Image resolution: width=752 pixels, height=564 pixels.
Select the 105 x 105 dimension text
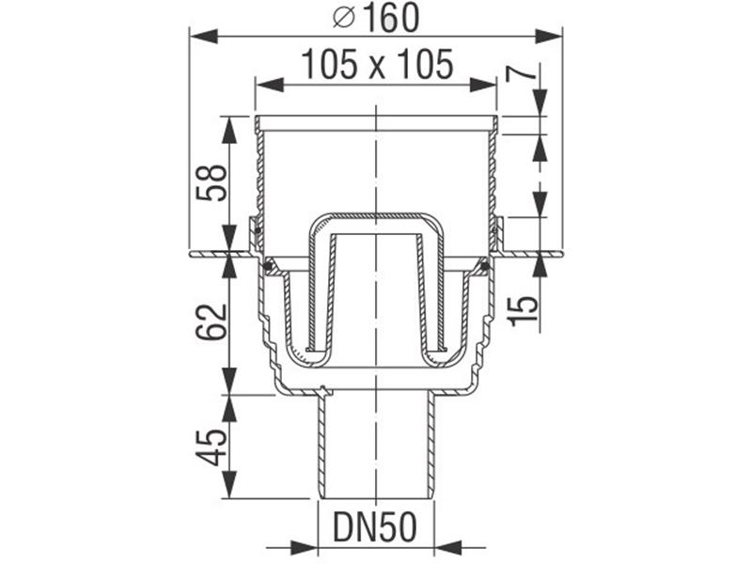coord(377,65)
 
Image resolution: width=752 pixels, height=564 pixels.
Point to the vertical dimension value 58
coord(211,183)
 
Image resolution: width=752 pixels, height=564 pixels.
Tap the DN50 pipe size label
coord(375,529)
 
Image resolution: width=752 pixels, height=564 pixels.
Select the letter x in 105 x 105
coord(377,67)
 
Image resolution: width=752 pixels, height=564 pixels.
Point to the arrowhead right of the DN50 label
coord(446,545)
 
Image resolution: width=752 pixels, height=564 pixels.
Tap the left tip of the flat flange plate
coord(191,253)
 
